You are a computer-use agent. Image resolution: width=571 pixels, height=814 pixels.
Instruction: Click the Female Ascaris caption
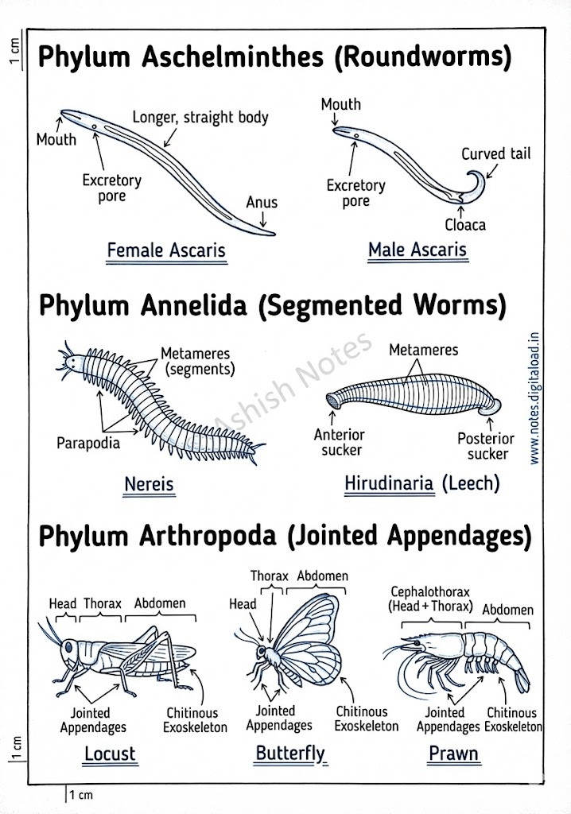click(166, 250)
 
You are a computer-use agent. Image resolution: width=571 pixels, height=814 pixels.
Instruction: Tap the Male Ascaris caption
click(417, 250)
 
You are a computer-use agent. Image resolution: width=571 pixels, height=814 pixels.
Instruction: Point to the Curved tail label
click(495, 154)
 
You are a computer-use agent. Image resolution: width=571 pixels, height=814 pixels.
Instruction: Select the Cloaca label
click(465, 224)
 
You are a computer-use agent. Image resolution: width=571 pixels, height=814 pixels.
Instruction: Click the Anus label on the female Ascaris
click(262, 202)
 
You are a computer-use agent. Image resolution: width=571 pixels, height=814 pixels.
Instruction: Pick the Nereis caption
click(149, 483)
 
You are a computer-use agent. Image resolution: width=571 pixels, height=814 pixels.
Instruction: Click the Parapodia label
click(88, 443)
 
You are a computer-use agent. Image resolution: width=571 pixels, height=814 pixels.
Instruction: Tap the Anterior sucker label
click(340, 443)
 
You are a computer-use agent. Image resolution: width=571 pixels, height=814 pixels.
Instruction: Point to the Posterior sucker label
click(486, 446)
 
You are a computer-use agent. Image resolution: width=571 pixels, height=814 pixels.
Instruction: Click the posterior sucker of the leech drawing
click(491, 408)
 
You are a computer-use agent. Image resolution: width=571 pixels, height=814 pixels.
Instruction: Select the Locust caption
click(110, 753)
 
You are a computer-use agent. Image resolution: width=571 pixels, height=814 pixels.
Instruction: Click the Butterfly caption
click(290, 753)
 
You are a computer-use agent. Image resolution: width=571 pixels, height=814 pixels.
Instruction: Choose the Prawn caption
click(454, 753)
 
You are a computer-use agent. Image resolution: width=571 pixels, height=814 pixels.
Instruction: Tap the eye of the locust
click(69, 647)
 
